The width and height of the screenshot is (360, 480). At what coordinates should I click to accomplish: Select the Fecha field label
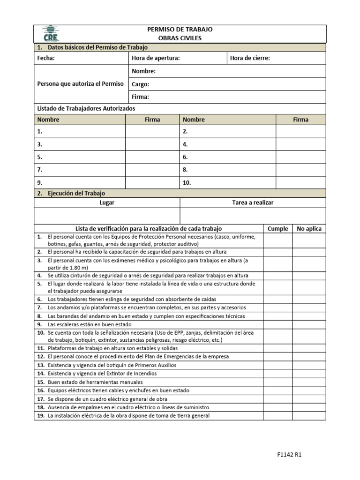(x=46, y=58)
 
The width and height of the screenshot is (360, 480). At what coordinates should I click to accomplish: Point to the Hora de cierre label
(x=250, y=58)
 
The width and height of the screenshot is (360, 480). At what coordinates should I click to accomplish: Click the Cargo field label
(x=141, y=84)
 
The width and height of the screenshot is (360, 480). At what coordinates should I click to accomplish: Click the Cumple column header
(x=277, y=229)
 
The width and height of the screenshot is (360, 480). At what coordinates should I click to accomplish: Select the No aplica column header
(x=309, y=229)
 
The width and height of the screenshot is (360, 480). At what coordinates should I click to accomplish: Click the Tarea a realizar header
(x=253, y=202)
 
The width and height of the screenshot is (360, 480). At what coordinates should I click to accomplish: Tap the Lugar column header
(x=107, y=202)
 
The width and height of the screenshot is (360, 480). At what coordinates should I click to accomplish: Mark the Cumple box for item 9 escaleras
(x=278, y=324)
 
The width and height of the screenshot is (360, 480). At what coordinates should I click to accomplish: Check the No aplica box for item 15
(x=309, y=382)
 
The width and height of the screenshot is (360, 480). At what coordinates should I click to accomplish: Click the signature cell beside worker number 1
(x=152, y=132)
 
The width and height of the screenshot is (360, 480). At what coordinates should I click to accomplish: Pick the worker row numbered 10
(x=228, y=182)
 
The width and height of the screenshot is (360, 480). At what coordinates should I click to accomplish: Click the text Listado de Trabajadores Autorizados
(x=86, y=108)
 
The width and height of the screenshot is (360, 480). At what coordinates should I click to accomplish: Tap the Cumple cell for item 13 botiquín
(x=278, y=365)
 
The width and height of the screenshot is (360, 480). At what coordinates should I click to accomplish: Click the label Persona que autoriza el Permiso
(x=80, y=84)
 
